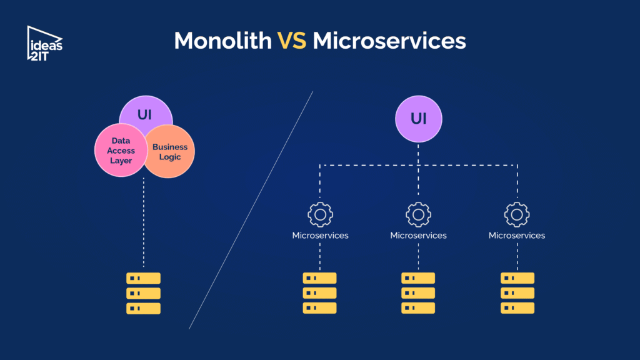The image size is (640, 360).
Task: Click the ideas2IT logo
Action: click(x=44, y=44)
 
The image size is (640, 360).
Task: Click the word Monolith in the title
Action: click(x=223, y=41)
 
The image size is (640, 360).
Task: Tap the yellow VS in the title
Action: click(x=292, y=41)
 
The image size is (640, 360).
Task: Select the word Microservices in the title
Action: click(x=389, y=41)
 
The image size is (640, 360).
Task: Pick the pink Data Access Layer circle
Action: click(x=121, y=150)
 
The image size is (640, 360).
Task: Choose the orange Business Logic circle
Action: click(x=169, y=151)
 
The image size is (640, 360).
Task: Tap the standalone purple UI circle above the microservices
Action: click(x=418, y=119)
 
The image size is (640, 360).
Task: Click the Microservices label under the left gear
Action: click(x=321, y=236)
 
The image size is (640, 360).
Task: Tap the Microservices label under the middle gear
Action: click(x=418, y=236)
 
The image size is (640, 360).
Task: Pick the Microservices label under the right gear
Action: click(x=517, y=236)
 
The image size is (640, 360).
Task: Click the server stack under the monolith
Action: click(x=143, y=293)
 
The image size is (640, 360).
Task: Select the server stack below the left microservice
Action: click(x=319, y=293)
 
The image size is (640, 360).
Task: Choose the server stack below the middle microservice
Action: click(x=418, y=293)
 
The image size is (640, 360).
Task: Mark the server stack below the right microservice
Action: click(x=517, y=293)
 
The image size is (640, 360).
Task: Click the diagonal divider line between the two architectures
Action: click(x=251, y=210)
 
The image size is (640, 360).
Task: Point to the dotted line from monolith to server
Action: click(x=144, y=222)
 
